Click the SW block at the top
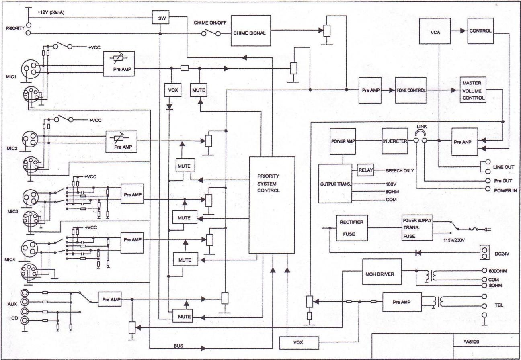160,17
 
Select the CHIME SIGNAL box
251,31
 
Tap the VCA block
435,31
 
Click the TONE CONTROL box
411,90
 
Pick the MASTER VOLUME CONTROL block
473,90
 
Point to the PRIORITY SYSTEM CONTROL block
272,205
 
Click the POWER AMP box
343,141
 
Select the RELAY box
366,170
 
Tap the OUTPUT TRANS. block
335,184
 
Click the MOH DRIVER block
382,272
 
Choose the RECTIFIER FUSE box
352,228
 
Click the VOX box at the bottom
299,343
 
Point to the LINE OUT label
504,167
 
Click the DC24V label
502,254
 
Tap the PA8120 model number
471,342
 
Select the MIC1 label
11,77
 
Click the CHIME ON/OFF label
210,23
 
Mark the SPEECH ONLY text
400,171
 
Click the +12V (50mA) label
51,12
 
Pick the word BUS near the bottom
178,346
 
